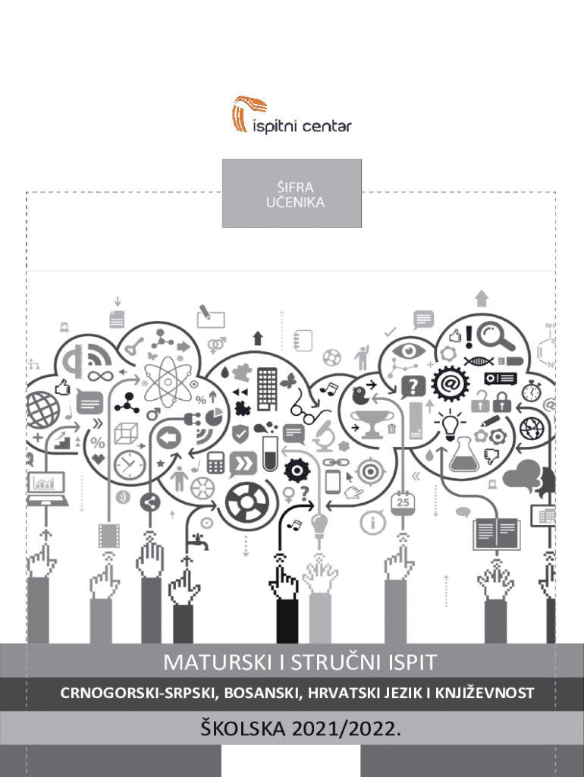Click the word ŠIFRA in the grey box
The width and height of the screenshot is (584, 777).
pos(292,187)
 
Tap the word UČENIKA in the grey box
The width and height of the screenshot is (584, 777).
pos(292,202)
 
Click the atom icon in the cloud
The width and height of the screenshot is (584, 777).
pos(168,378)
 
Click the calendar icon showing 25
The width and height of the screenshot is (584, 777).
pos(403,502)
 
